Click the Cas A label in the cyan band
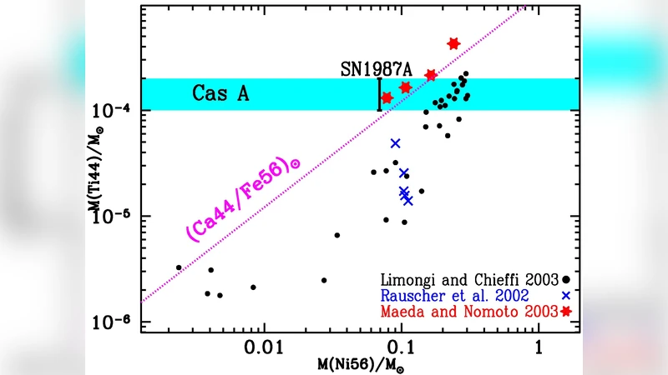pos(220,94)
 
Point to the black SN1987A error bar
pos(379,93)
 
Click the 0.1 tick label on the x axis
pos(401,343)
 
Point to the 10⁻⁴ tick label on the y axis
pos(114,110)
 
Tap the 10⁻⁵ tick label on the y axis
pos(114,217)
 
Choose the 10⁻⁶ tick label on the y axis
pos(114,322)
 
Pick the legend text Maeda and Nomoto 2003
pos(469,312)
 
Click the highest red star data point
pos(453,43)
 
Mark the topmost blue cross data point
pos(395,143)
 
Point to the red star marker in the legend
pos(567,312)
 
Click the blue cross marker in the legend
pos(566,296)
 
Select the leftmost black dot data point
pos(179,267)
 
